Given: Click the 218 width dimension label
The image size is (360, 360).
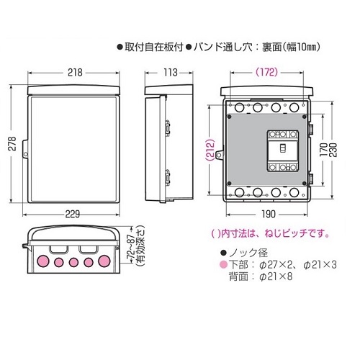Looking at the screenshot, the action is [x=75, y=73].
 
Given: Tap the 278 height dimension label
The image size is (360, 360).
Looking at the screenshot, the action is [x=12, y=143].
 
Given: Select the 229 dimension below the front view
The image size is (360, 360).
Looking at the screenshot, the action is [x=73, y=214].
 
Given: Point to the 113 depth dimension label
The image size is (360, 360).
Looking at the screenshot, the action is [x=171, y=73].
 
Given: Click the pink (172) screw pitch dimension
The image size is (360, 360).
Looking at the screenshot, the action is [x=266, y=72].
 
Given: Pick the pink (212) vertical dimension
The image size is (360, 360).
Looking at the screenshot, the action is [x=210, y=150].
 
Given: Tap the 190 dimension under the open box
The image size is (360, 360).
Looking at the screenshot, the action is [x=269, y=214].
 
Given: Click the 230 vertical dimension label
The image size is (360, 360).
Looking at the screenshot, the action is [x=333, y=150].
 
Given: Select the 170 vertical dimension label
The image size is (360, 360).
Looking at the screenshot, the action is [x=323, y=150].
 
